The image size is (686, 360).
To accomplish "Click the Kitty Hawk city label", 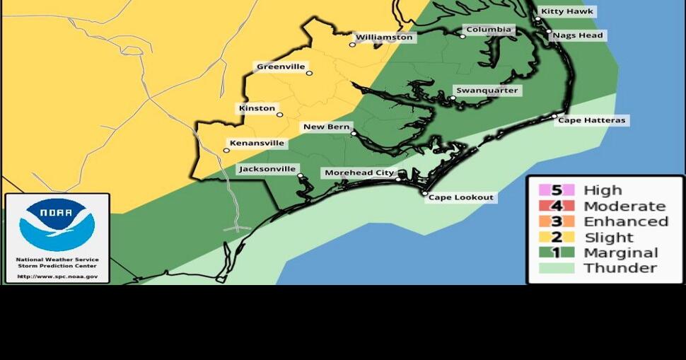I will click(567, 11).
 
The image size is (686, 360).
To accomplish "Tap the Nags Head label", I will click(579, 35).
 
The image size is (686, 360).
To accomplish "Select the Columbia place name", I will click(488, 30).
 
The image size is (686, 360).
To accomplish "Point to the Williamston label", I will click(384, 37).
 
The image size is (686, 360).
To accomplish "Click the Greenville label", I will click(281, 67).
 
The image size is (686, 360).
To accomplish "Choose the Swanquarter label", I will click(487, 91).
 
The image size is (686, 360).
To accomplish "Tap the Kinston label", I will click(257, 108).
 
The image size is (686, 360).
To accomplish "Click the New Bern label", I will click(327, 127).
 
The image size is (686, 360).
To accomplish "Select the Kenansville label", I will click(257, 143).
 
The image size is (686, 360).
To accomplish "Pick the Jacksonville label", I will click(267, 169).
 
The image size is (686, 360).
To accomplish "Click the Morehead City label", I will click(359, 173).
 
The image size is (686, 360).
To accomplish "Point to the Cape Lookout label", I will click(460, 197).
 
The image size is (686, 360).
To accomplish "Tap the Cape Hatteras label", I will click(592, 121).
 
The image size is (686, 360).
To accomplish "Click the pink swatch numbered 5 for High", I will click(557, 190).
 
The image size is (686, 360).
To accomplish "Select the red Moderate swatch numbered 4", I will click(557, 206).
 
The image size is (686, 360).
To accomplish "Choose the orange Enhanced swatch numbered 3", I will click(557, 221).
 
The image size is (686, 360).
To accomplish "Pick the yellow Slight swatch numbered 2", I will click(557, 237).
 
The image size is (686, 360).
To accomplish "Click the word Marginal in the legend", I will click(620, 252).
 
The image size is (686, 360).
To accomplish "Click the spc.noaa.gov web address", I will click(57, 277).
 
